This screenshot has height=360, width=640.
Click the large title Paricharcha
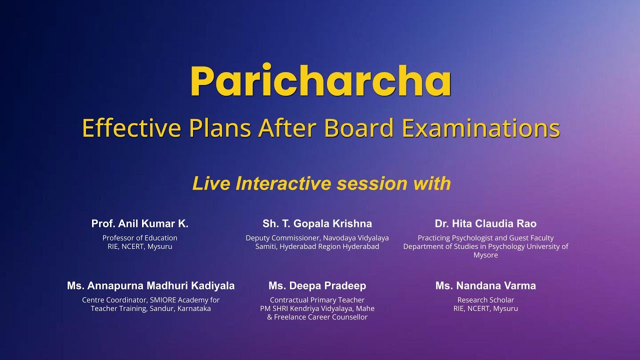320,81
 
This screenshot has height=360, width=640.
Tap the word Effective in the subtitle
131,128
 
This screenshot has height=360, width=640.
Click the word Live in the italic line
211,183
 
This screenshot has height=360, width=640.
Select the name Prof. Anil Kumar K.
140,223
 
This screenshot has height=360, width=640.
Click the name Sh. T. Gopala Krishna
317,223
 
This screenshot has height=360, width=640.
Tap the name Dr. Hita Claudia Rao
485,223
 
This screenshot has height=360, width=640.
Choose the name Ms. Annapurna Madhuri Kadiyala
150,285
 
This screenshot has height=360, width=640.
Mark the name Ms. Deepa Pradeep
317,285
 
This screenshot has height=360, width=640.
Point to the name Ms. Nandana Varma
485,285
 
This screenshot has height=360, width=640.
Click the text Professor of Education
140,238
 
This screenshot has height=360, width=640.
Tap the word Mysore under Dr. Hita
485,255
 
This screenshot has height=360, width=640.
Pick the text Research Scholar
485,300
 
